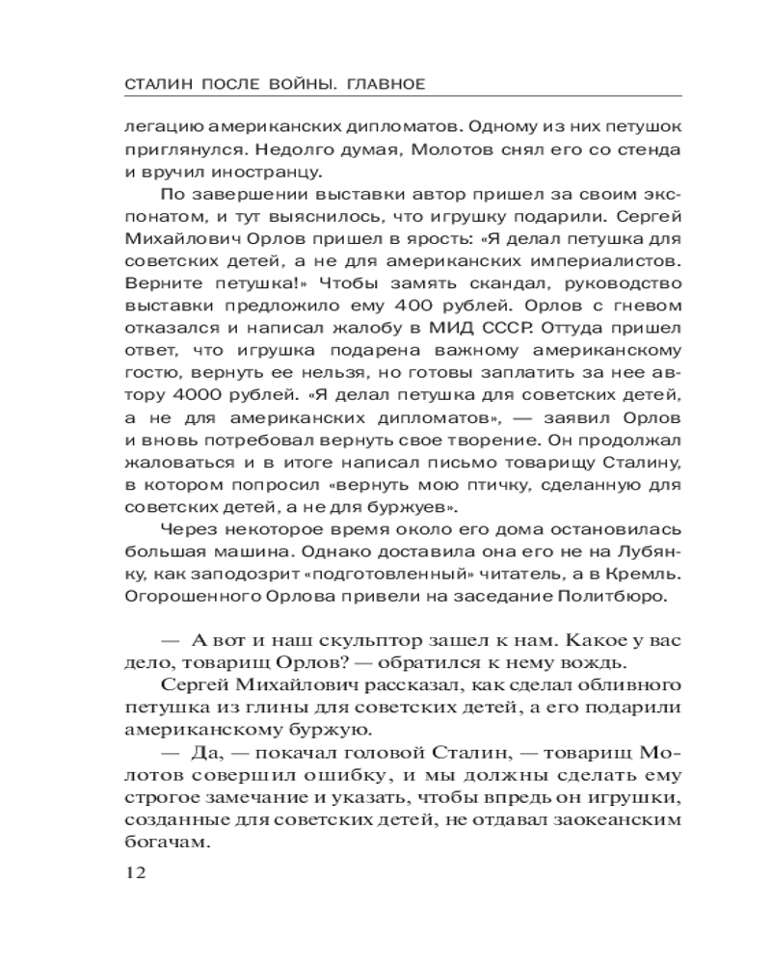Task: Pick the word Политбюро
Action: (x=609, y=597)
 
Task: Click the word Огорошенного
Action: (x=183, y=597)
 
